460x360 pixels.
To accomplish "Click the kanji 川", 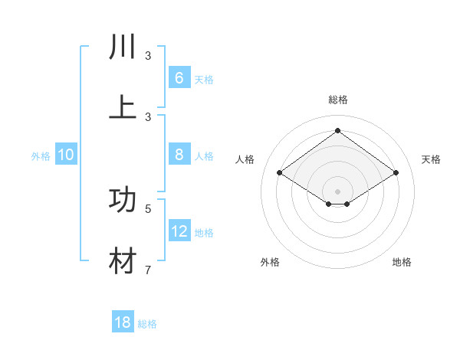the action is tap(123, 47).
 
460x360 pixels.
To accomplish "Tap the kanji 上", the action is tap(123, 106).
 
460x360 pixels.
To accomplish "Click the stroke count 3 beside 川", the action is tap(148, 56).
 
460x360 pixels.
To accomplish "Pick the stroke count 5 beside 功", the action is tap(148, 208).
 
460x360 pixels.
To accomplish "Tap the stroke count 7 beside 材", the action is tap(148, 270).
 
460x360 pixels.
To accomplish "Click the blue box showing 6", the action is tap(179, 78).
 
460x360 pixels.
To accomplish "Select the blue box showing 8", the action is tap(179, 155).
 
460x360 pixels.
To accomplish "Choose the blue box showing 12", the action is tap(179, 231).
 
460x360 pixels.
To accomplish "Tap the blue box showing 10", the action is tap(66, 155).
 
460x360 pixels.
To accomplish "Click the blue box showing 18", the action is tap(123, 322).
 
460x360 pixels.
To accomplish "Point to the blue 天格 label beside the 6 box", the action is tap(204, 80).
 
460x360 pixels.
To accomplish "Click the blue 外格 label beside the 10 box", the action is tap(41, 156).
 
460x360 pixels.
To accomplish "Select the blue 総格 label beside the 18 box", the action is tap(147, 324).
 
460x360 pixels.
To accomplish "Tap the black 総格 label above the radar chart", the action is tap(337, 100).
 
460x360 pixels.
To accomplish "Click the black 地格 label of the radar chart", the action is tap(402, 262).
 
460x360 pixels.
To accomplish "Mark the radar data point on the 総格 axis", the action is tap(337, 130).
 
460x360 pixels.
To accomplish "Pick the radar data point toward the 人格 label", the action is tap(280, 173).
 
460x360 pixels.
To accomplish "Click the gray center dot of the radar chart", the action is tap(337, 191).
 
